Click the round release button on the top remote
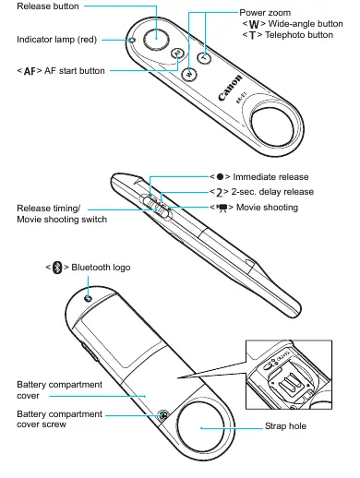[x=156, y=39]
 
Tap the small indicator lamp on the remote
[x=132, y=40]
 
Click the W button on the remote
[x=189, y=74]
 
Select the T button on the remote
[x=204, y=57]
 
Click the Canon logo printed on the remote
[x=230, y=88]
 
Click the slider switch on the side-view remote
[x=157, y=207]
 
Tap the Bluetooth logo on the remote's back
[x=89, y=298]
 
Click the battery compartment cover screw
[x=163, y=415]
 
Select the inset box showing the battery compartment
[x=289, y=375]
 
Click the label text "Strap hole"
[x=285, y=426]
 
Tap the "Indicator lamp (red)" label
[x=57, y=40]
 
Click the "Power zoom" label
[x=265, y=13]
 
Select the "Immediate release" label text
[x=270, y=177]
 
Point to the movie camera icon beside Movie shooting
[x=222, y=209]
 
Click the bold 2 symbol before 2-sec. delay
[x=219, y=193]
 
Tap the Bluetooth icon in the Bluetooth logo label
[x=57, y=268]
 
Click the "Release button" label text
[x=48, y=6]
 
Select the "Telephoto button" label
[x=299, y=35]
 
